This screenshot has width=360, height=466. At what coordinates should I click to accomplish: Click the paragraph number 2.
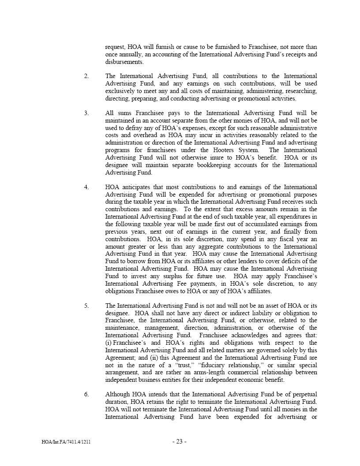(86, 76)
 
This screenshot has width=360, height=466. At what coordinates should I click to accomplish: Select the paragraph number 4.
(86, 187)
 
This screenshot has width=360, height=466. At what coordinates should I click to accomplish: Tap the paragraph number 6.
(86, 394)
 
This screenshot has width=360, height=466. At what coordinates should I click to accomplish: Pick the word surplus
(174, 276)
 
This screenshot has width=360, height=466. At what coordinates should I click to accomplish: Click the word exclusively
(121, 91)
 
